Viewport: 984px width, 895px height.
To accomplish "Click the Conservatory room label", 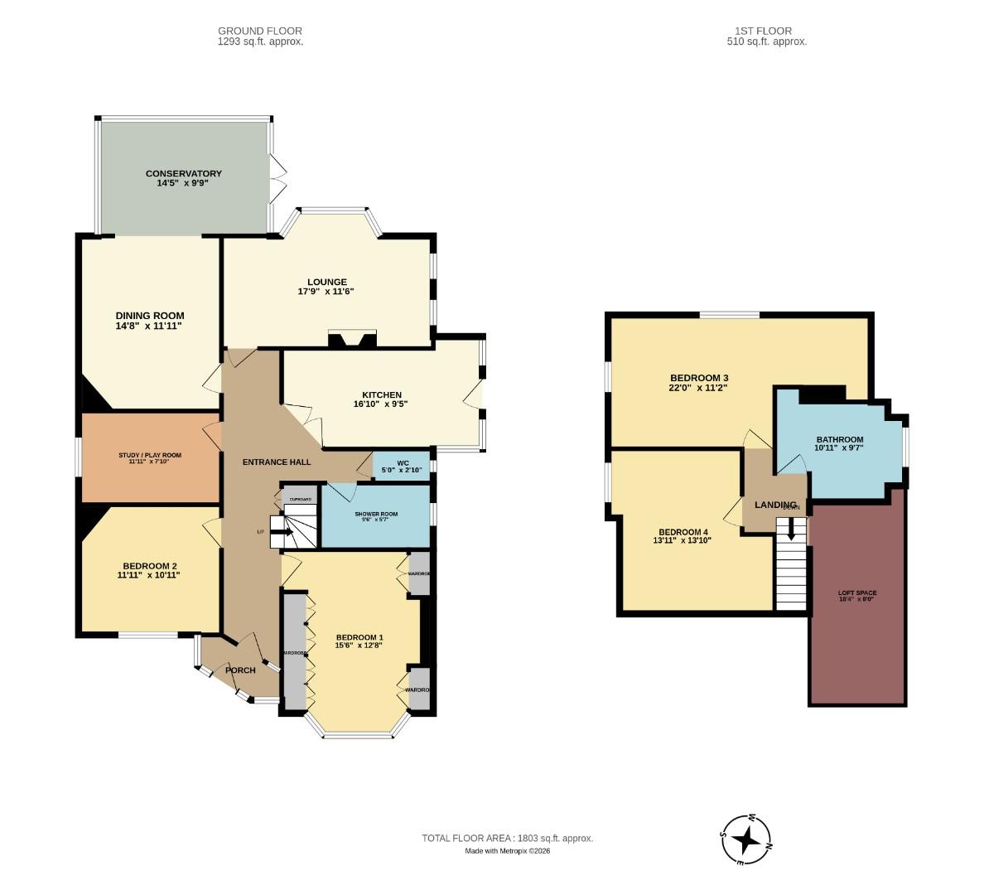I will coord(183,173).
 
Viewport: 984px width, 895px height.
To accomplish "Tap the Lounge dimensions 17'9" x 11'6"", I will coord(326,292).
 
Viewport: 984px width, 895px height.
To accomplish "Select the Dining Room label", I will coord(149,316).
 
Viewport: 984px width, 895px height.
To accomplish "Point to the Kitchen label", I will coord(381,394).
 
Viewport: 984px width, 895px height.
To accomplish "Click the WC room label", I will coord(403,462).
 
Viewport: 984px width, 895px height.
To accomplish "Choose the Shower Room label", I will coord(376,514).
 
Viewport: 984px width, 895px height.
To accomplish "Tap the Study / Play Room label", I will coord(149,455).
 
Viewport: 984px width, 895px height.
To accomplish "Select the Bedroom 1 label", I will coord(359,637).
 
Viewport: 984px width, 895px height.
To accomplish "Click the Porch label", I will coord(240,670).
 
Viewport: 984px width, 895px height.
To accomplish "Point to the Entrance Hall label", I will coord(276,462).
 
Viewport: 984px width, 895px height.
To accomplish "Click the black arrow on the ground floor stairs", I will coord(282,531).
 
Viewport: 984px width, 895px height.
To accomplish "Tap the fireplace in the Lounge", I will coord(352,338).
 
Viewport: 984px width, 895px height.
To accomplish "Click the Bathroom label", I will coord(839,440).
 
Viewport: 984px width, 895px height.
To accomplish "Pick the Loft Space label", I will coord(856,593).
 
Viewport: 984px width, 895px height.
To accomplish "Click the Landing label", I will coord(775,505).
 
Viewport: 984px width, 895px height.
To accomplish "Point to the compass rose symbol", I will coord(746,839).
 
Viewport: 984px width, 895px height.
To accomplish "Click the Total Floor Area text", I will coord(507,839).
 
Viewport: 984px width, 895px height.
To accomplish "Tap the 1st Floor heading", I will coord(761,31).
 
